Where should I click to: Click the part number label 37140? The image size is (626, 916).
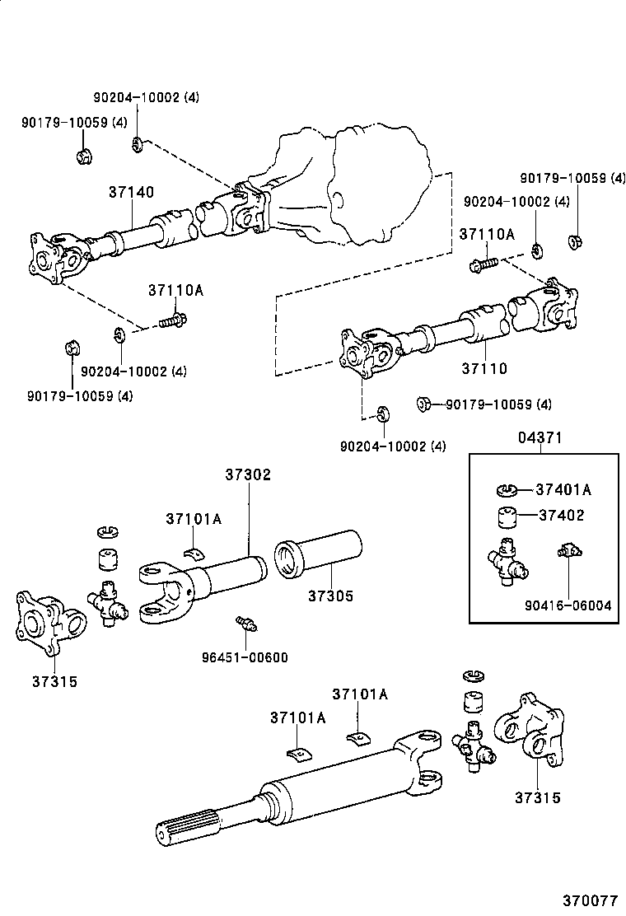click(x=131, y=192)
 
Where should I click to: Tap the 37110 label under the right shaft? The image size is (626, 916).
click(x=485, y=370)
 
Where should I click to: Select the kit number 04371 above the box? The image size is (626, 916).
click(x=540, y=438)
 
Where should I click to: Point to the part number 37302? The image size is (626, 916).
click(x=248, y=475)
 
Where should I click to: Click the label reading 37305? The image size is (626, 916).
click(x=331, y=595)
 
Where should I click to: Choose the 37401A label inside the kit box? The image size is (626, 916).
click(x=563, y=489)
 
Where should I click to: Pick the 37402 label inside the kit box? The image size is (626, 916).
click(x=561, y=516)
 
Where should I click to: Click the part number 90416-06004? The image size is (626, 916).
click(x=569, y=605)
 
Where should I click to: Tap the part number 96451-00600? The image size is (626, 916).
click(x=245, y=657)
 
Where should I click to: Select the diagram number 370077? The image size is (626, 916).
click(x=590, y=900)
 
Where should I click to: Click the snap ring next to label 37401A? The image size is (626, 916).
click(x=508, y=491)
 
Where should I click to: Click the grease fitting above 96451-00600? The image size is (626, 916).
click(x=244, y=624)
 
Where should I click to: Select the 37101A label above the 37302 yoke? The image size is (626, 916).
click(x=193, y=519)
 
